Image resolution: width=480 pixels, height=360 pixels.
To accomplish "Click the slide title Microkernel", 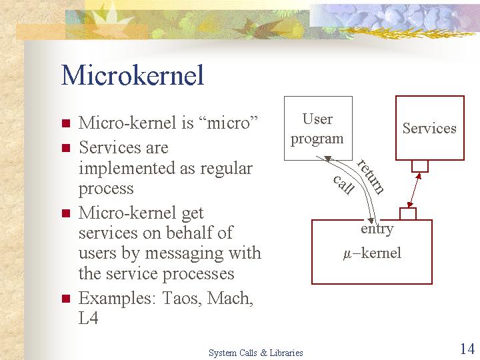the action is click(132, 75).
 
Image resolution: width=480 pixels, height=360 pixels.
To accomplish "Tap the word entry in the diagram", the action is click(377, 229).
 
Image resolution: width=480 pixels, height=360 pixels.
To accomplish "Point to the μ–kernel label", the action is click(372, 253).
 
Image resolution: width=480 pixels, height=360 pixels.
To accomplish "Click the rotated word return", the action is click(370, 177).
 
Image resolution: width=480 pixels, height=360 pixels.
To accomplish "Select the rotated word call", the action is click(343, 184).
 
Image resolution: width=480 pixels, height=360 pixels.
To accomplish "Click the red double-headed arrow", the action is click(414, 190).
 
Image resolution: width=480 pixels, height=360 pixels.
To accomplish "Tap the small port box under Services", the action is click(420, 166).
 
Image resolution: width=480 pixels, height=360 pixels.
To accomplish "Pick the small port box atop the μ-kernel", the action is click(408, 214).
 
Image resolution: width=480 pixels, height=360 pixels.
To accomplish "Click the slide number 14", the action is click(467, 349).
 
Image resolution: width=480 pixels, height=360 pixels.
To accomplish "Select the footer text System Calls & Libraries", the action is click(255, 353).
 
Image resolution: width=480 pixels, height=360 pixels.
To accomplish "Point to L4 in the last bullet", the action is click(89, 318).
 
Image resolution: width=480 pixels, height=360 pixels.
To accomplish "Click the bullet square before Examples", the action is click(66, 299).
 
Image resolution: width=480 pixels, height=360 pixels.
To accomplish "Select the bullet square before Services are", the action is click(66, 148).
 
